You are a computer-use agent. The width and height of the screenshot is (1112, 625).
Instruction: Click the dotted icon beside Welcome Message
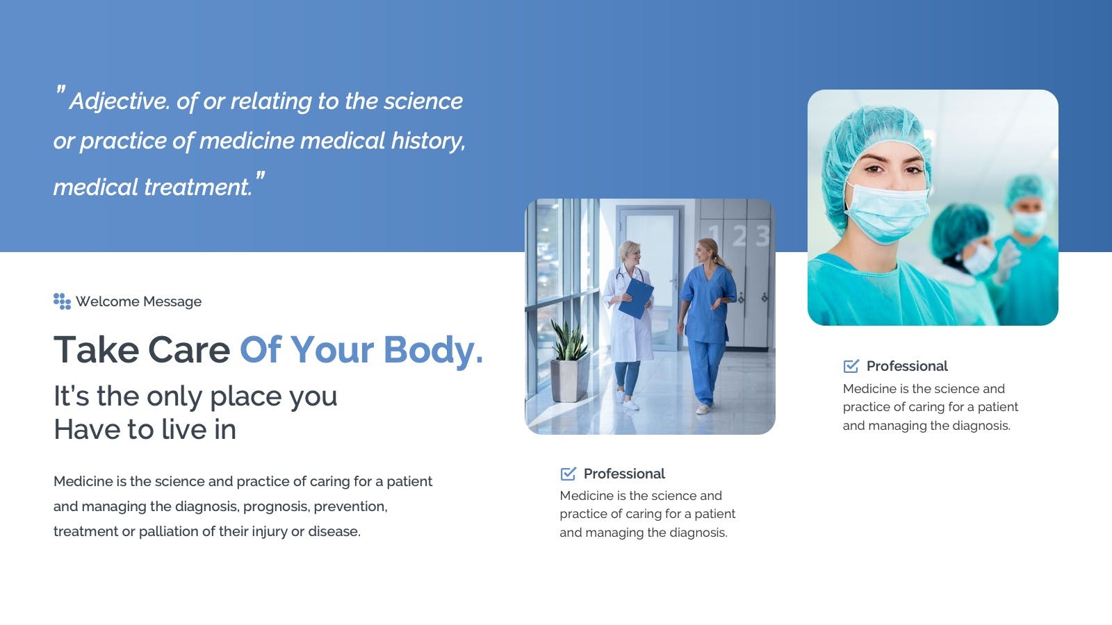coord(62,301)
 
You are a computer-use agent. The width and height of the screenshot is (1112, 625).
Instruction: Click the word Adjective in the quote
coord(119,101)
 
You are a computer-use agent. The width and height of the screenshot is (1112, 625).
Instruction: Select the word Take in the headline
coord(97,350)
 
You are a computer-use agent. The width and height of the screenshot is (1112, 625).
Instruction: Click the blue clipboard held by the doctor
coord(636,298)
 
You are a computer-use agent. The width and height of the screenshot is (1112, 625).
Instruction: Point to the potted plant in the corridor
coord(569,361)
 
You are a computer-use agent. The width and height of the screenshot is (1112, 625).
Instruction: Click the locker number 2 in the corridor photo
coord(739,235)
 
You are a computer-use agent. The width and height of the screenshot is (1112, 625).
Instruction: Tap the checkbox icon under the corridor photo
coord(568,474)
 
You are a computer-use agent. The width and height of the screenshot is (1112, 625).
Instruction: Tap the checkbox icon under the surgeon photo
coord(851,366)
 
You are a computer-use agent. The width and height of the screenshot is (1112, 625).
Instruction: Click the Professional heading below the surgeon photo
coord(907,366)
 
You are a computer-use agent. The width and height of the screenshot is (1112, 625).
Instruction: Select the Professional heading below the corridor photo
coord(624,474)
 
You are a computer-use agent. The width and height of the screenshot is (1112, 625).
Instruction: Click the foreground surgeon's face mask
coord(887,212)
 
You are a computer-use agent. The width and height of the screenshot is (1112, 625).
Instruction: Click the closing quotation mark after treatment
coord(260,176)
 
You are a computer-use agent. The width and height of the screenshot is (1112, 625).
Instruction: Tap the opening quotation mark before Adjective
coord(60,90)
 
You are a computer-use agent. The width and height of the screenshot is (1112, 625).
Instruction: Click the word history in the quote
coord(428,142)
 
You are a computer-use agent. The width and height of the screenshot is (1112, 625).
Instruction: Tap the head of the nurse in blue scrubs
coord(707,251)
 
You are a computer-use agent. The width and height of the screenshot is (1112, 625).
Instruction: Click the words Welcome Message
coord(138,301)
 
